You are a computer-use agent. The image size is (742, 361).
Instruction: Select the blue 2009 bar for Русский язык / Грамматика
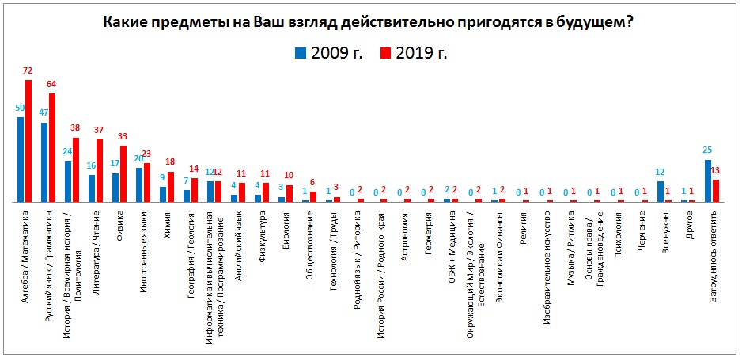coord(44,162)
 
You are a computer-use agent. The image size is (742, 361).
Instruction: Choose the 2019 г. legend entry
coord(415,53)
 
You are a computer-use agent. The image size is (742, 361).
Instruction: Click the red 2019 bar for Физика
coord(123,174)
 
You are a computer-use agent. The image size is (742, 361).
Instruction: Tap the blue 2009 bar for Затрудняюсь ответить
coord(708,181)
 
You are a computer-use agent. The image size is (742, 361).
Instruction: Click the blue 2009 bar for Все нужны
coord(661,192)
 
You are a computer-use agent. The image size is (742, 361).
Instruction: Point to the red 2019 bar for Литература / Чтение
coord(100,171)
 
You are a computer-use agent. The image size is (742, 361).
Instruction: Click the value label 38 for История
coord(76,128)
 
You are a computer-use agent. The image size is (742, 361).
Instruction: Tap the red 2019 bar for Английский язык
coord(242,192)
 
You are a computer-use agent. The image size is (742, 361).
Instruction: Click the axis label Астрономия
coord(404,230)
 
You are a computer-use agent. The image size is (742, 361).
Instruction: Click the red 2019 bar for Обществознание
coord(313,197)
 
